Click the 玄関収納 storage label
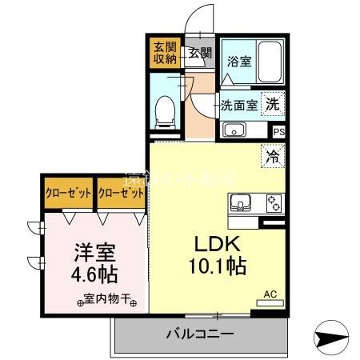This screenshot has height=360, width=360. pyautogui.click(x=165, y=53)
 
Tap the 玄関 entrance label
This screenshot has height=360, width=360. pyautogui.click(x=200, y=54)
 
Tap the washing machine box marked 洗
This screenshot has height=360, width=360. pyautogui.click(x=273, y=103)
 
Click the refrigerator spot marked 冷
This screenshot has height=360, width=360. pyautogui.click(x=272, y=157)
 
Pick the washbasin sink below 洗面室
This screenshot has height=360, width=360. pyautogui.click(x=234, y=130)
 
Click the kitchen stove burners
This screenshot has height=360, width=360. pyautogui.click(x=273, y=202)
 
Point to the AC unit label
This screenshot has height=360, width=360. pyautogui.click(x=270, y=294)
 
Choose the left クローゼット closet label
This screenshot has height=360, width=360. pyautogui.click(x=68, y=194)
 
